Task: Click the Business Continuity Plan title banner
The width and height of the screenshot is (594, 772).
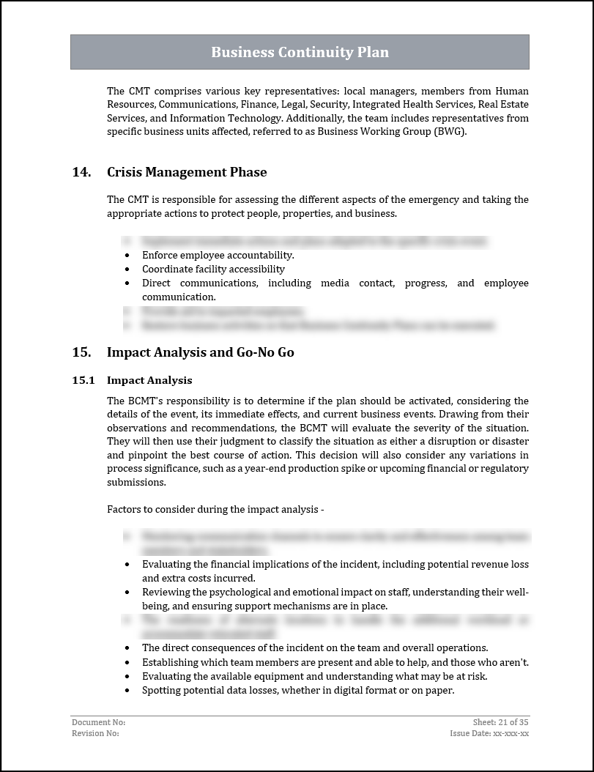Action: click(x=300, y=52)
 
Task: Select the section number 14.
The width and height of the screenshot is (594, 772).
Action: click(x=81, y=172)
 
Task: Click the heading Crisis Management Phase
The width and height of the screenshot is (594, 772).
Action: click(x=187, y=172)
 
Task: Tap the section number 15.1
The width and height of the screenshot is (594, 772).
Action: click(x=83, y=380)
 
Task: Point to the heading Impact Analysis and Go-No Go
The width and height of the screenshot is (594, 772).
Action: click(x=200, y=352)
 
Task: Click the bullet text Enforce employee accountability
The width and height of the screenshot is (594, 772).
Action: click(x=218, y=256)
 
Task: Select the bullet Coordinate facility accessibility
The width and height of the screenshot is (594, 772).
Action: click(x=213, y=270)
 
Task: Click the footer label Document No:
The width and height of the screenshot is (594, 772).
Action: click(x=93, y=722)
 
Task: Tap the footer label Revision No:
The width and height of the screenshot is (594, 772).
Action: click(x=95, y=733)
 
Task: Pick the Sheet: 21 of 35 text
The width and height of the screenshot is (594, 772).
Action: click(x=501, y=722)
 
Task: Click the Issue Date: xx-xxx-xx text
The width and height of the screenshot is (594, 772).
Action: click(x=489, y=733)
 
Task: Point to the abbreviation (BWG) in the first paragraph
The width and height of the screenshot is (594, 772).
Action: click(x=450, y=132)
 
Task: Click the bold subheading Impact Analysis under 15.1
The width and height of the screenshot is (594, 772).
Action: click(x=149, y=380)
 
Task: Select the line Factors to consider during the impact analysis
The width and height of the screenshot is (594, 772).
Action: click(x=215, y=510)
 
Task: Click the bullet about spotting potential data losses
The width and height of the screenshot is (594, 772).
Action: click(x=298, y=690)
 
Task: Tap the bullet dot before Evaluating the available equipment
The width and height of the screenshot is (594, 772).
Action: click(x=127, y=676)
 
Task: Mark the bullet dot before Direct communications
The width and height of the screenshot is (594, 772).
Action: click(x=127, y=283)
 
